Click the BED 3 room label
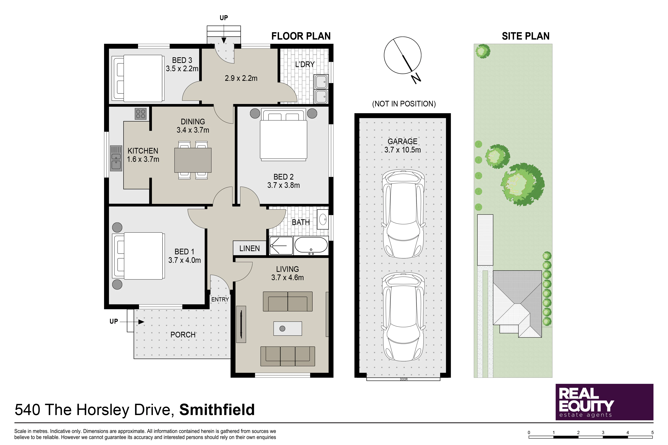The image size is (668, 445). [182, 60]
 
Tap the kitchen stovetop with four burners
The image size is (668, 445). [141, 114]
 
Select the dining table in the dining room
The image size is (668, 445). [193, 160]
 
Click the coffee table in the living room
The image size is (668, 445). [288, 328]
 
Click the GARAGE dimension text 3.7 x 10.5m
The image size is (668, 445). [403, 150]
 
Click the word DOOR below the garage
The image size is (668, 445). [404, 379]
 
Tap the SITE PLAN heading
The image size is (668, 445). [525, 36]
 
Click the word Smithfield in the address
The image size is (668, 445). [217, 410]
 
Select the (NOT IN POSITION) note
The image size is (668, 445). [404, 104]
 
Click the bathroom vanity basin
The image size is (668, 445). [323, 219]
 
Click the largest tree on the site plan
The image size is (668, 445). [523, 184]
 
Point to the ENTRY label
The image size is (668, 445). [220, 299]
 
